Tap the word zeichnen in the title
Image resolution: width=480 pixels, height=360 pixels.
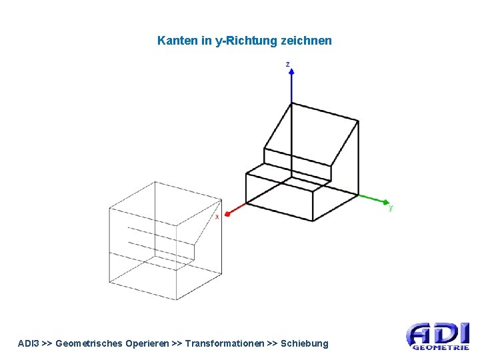307,41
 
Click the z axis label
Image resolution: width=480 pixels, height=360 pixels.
287,64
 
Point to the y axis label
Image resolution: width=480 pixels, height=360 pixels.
391,208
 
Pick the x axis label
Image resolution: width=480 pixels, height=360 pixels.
217,217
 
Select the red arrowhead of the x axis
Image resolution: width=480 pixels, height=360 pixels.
227,214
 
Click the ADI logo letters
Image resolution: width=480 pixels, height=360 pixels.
438,333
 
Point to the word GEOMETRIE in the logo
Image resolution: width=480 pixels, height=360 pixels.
441,347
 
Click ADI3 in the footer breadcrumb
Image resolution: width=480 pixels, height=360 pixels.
28,343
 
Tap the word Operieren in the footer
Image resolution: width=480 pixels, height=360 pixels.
144,343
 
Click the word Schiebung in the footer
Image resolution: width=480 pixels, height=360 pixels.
305,343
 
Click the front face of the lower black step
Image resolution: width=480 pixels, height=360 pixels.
279,196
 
